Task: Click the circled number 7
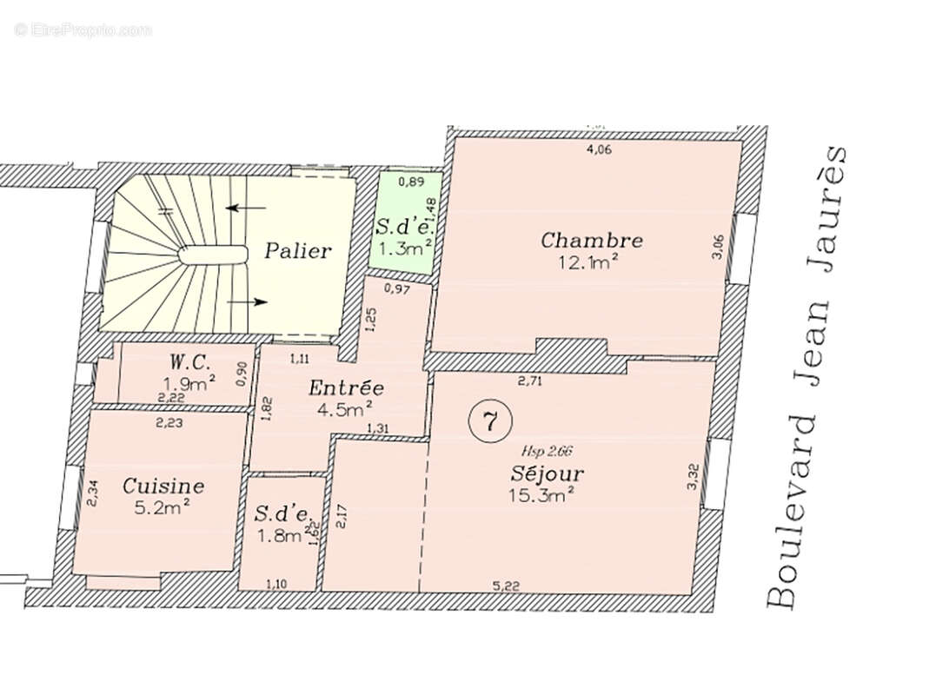pos(489,422)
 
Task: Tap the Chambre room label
pos(591,240)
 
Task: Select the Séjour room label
pos(546,474)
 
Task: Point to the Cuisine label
pos(163,486)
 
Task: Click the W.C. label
pos(189,361)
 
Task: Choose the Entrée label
pos(346,388)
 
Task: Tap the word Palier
pos(298,251)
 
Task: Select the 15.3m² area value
pos(544,495)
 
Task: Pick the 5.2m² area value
pos(163,507)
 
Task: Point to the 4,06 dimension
pos(599,150)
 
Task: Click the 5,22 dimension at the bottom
pos(507,586)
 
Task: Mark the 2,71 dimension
pos(530,381)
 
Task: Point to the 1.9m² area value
pos(189,382)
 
